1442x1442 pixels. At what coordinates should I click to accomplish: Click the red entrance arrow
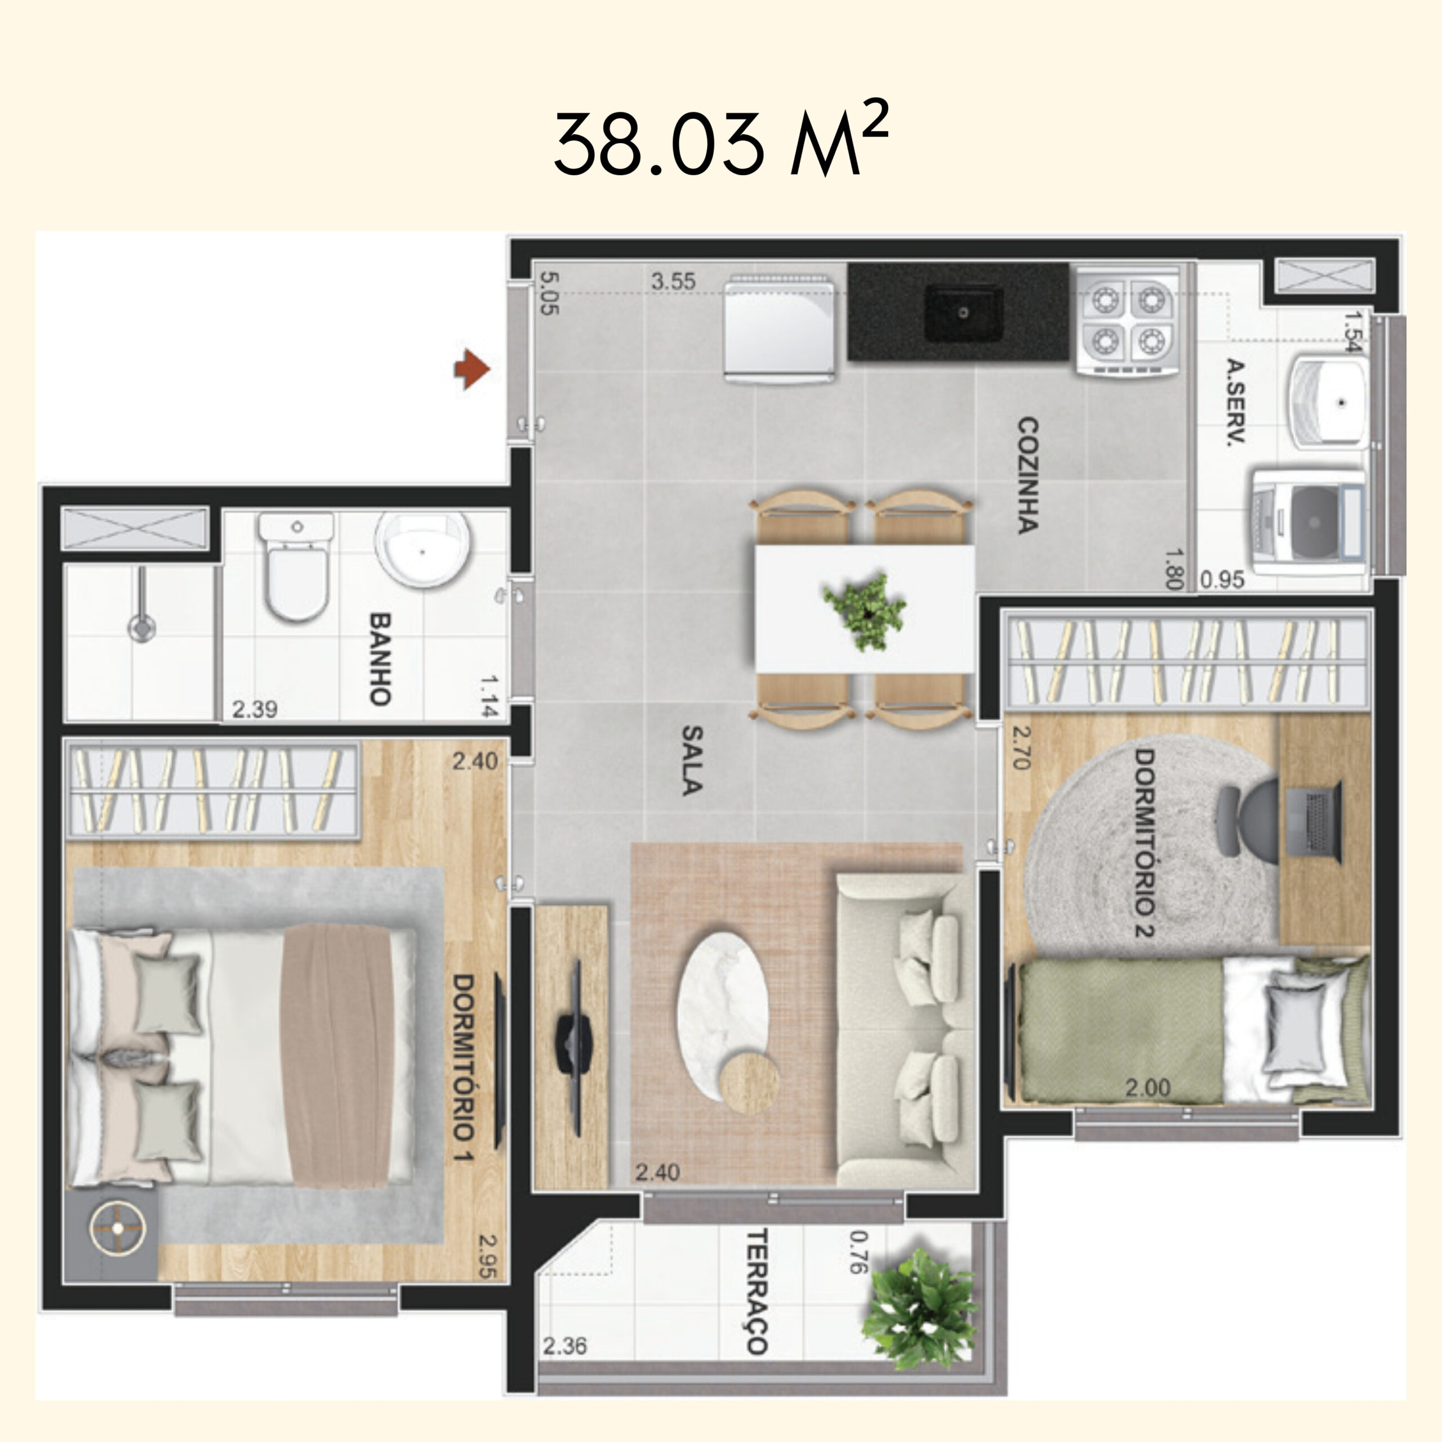471,369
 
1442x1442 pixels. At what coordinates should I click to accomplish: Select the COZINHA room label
1028,475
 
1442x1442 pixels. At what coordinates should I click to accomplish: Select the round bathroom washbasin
423,550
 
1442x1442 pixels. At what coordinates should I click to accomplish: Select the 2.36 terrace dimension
564,1346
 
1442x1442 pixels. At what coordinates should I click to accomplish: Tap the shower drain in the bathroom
141,627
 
